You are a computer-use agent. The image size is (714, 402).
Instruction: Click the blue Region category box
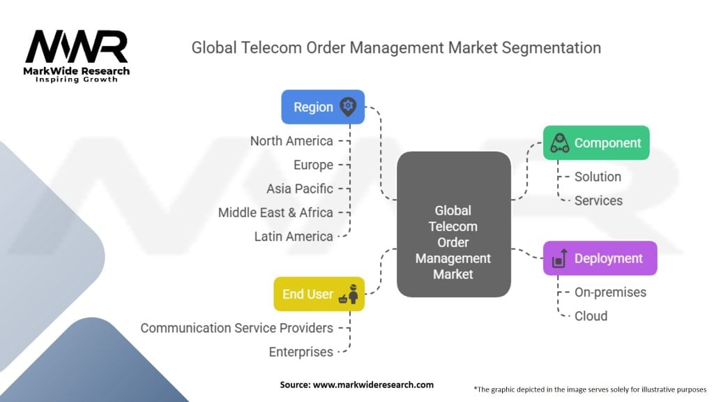pyautogui.click(x=322, y=107)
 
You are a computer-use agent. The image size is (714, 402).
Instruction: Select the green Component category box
pyautogui.click(x=595, y=143)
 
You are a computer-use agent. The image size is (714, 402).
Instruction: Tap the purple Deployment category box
pyautogui.click(x=599, y=258)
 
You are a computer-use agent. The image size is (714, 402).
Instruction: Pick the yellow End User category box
pyautogui.click(x=319, y=294)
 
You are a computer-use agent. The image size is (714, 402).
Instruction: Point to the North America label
pyautogui.click(x=291, y=141)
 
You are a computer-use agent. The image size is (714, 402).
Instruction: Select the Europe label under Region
pyautogui.click(x=313, y=165)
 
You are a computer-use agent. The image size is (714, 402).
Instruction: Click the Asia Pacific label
pyautogui.click(x=300, y=189)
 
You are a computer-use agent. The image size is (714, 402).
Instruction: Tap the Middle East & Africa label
pyautogui.click(x=275, y=212)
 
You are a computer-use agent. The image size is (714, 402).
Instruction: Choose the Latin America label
pyautogui.click(x=294, y=237)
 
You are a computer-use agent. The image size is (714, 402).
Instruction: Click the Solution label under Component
pyautogui.click(x=598, y=177)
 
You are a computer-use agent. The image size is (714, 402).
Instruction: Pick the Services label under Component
pyautogui.click(x=598, y=200)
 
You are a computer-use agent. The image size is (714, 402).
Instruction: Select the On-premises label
pyautogui.click(x=610, y=292)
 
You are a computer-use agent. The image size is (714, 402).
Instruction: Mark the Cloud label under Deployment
pyautogui.click(x=591, y=316)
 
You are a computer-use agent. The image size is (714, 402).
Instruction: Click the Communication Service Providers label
pyautogui.click(x=237, y=328)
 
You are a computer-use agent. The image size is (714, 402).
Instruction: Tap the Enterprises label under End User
pyautogui.click(x=301, y=352)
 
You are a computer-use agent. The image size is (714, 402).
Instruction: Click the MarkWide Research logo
pyautogui.click(x=77, y=56)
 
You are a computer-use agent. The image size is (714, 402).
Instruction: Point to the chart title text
pyautogui.click(x=396, y=48)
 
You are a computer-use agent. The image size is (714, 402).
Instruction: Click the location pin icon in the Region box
pyautogui.click(x=347, y=107)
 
